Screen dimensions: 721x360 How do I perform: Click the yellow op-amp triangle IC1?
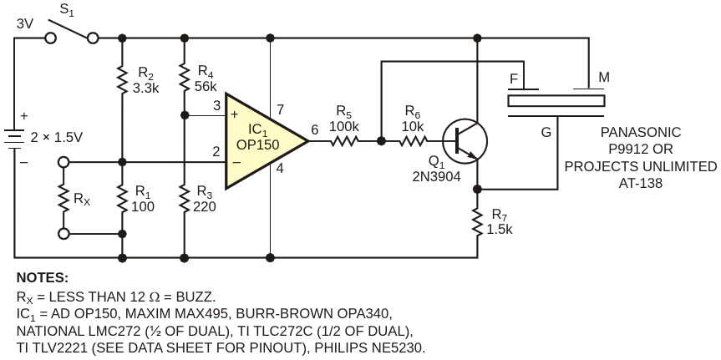coord(262,141)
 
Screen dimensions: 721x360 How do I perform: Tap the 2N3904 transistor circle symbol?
coord(465,141)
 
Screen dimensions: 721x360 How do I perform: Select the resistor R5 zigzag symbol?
coord(343,141)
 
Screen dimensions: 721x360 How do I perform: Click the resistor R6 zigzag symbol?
coord(414,141)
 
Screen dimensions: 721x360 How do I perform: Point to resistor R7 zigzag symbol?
coord(477,223)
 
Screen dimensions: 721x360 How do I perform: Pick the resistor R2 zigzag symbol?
coord(122,79)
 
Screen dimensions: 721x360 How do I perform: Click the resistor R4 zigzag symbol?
coord(184,79)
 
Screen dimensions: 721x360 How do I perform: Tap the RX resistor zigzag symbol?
coord(63,198)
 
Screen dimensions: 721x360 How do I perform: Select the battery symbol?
coord(14,139)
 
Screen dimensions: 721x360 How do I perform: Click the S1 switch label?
coord(68,13)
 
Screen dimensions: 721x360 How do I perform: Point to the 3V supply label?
coord(25,24)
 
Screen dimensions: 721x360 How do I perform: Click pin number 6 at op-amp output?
coord(314,129)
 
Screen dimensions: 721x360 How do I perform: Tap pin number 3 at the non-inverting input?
coord(217,106)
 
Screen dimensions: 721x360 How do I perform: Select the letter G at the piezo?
coord(546,133)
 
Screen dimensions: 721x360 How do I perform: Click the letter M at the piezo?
coord(604,78)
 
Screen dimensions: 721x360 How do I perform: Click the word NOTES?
coord(43,277)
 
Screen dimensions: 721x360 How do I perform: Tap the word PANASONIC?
coord(641,133)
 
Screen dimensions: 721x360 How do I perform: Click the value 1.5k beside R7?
coord(500,229)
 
